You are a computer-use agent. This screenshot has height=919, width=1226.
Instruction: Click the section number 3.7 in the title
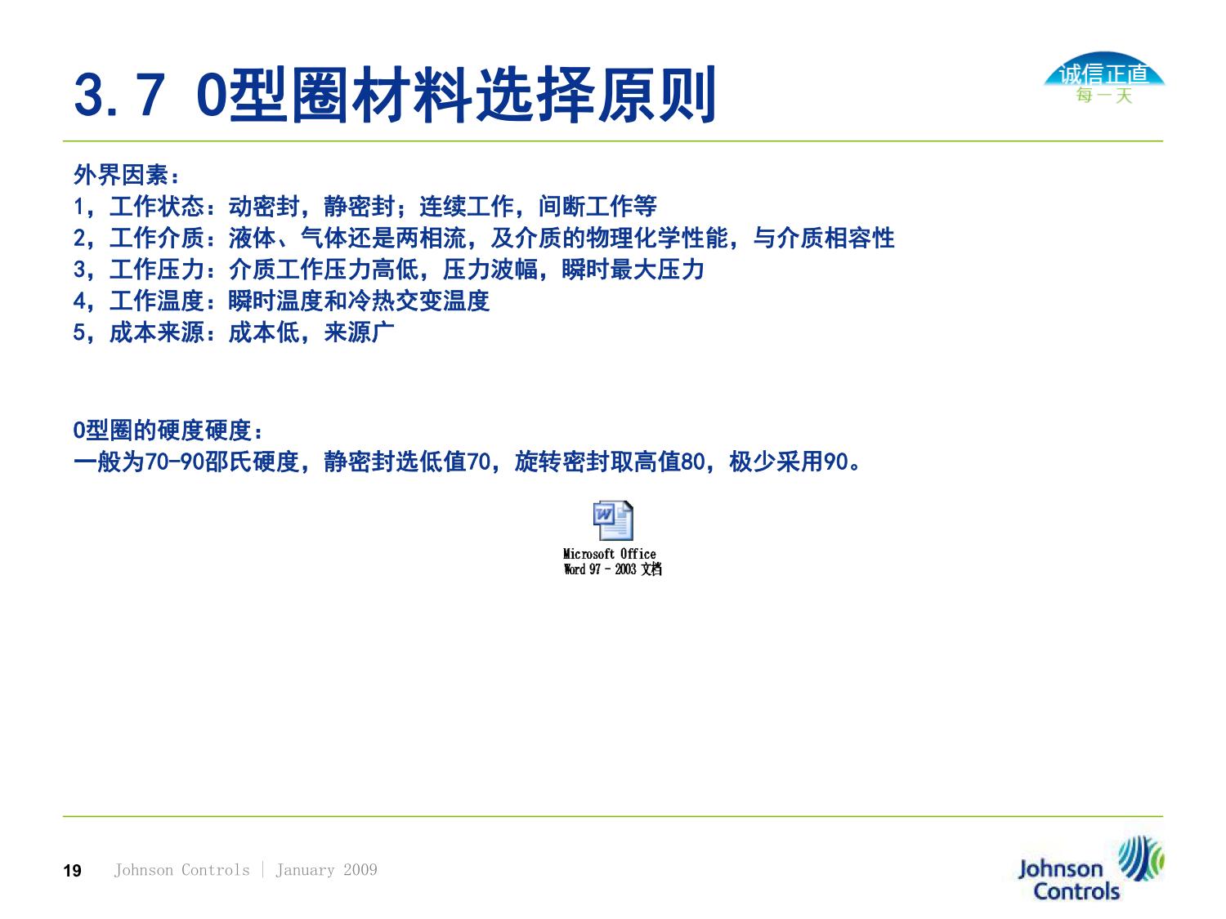(x=119, y=95)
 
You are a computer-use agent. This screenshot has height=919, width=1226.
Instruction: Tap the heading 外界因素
(x=121, y=175)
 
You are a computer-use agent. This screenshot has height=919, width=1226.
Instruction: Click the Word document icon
(x=613, y=520)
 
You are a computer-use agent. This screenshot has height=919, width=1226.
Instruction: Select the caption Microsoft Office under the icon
(x=610, y=554)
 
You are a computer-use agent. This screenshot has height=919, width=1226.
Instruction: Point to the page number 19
(x=72, y=871)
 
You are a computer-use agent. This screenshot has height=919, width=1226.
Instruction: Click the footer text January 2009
(x=326, y=870)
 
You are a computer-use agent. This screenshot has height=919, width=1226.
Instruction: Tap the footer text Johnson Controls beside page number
(x=181, y=870)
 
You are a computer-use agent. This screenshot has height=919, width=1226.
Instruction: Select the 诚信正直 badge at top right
(x=1103, y=73)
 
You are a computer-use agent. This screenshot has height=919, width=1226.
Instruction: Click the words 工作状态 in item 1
(x=156, y=207)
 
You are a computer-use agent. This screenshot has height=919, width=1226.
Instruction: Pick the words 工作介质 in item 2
(x=156, y=239)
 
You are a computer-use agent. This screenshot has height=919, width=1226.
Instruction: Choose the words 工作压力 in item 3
(x=156, y=270)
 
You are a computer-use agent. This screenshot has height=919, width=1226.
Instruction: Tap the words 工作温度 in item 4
(x=156, y=301)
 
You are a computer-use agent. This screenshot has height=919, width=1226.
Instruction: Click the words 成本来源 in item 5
(x=156, y=332)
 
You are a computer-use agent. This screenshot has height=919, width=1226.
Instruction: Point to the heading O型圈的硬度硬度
(x=163, y=431)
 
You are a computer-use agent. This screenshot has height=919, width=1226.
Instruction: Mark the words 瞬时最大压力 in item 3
(x=633, y=270)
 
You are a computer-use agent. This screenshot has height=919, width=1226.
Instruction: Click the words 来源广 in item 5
(x=359, y=332)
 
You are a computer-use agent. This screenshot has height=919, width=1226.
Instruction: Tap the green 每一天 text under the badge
(x=1104, y=96)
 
